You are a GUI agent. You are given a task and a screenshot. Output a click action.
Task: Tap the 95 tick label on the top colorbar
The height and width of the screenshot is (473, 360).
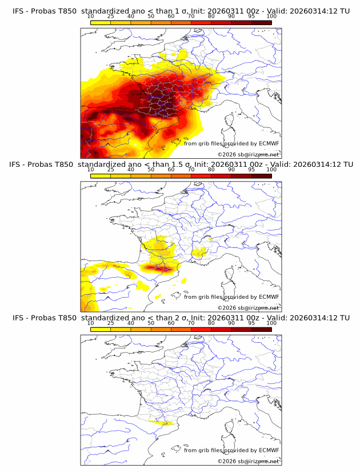point(251,16)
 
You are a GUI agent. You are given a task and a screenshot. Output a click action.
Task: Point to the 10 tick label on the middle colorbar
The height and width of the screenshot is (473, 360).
point(91,170)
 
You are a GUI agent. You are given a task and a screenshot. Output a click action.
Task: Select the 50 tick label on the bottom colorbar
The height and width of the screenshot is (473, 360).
point(151,323)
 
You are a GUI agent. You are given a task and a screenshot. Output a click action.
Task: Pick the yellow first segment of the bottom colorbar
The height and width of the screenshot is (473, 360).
point(101,330)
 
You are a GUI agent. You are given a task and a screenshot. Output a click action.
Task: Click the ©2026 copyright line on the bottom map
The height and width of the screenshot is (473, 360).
point(249,462)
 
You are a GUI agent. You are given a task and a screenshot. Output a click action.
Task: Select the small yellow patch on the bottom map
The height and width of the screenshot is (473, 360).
point(161,423)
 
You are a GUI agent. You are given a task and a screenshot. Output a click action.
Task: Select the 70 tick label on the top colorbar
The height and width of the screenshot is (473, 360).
point(191,16)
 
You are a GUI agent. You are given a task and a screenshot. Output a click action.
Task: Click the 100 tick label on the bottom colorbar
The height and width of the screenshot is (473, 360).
point(271,323)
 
